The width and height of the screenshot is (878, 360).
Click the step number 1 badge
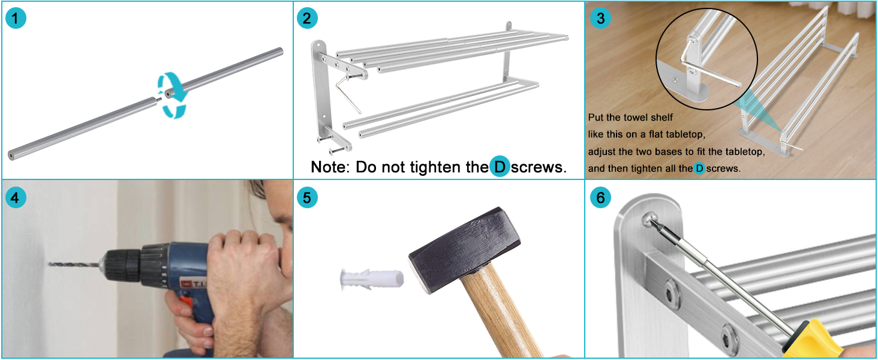point(16,19)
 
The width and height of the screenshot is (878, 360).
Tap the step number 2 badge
point(307,19)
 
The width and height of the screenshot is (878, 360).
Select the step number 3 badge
point(600,19)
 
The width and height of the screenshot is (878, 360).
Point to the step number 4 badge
point(16,197)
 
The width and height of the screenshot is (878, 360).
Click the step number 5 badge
point(307,197)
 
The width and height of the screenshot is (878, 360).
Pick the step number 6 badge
point(600,197)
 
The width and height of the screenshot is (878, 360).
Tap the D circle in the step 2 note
point(500,167)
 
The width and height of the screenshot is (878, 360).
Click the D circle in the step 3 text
point(699,169)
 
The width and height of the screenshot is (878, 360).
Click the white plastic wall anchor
point(372,279)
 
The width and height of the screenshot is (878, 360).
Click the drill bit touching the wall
point(74,265)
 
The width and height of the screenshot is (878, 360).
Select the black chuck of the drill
point(122,266)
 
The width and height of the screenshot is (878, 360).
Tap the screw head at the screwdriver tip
point(650,218)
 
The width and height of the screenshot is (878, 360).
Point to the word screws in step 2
point(539,167)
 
